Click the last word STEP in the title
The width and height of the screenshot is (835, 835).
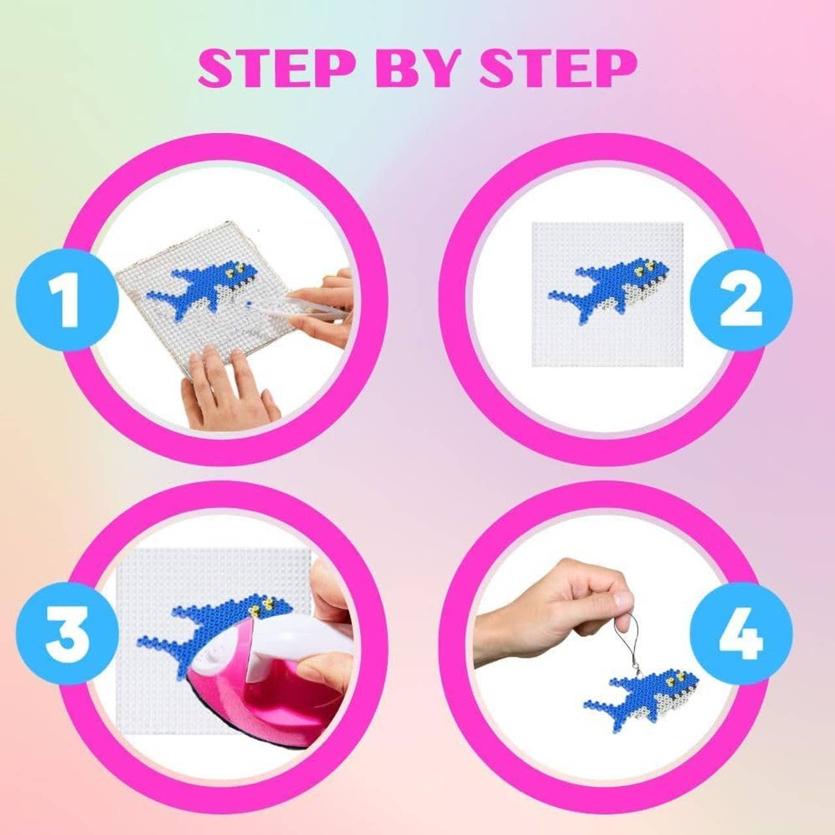click(x=558, y=68)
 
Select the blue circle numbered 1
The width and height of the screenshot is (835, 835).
click(x=67, y=299)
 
